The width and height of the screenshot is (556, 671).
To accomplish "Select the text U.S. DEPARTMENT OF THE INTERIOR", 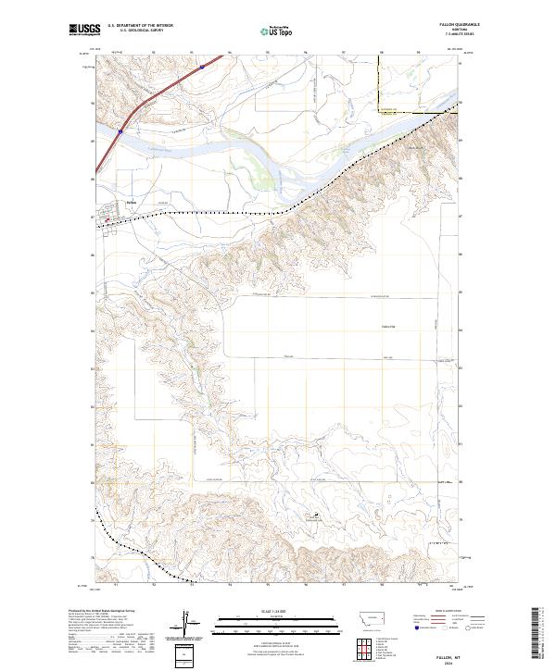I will (x=140, y=26).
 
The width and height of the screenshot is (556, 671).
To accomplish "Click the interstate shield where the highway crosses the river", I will (x=120, y=131).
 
